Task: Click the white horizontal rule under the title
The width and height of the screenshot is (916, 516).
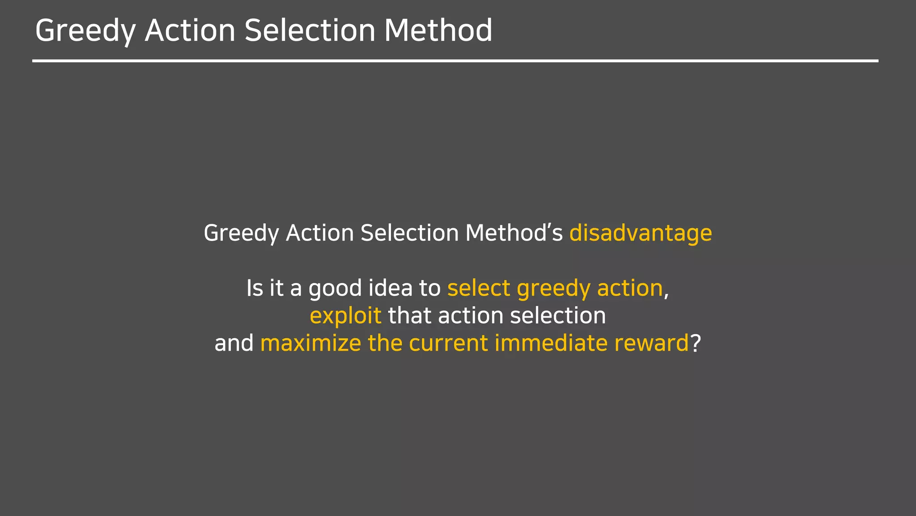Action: pos(455,60)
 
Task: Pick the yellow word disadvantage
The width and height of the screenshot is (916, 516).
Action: pos(640,233)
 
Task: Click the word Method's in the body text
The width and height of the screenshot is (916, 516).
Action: pos(514,233)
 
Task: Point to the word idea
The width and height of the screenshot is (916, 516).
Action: pos(390,288)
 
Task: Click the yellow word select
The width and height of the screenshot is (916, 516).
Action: pos(479,288)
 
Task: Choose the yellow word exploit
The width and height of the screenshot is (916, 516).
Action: pos(345,316)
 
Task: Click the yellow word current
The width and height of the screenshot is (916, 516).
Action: pos(448,343)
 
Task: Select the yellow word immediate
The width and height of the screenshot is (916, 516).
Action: pos(551,343)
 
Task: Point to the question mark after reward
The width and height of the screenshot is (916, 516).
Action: pos(695,343)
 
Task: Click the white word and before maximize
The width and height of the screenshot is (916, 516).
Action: pos(234,343)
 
